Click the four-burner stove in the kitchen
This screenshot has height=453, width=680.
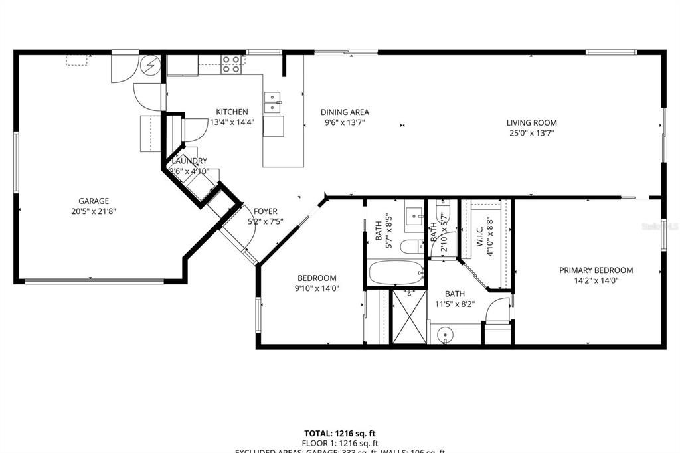click(x=231, y=64)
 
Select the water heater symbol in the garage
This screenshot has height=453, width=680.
click(x=151, y=66)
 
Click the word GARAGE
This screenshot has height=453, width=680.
click(x=94, y=201)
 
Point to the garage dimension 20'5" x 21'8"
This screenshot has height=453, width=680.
click(x=94, y=211)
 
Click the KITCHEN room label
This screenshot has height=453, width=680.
click(x=232, y=112)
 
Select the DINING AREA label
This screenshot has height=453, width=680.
click(x=345, y=112)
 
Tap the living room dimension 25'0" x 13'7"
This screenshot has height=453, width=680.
click(x=531, y=133)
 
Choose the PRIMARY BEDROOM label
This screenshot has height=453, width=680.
click(x=596, y=270)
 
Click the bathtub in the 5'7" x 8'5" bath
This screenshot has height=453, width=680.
click(x=396, y=272)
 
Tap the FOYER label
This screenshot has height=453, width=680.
click(x=262, y=211)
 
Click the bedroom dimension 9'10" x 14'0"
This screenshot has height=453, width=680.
click(x=317, y=288)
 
